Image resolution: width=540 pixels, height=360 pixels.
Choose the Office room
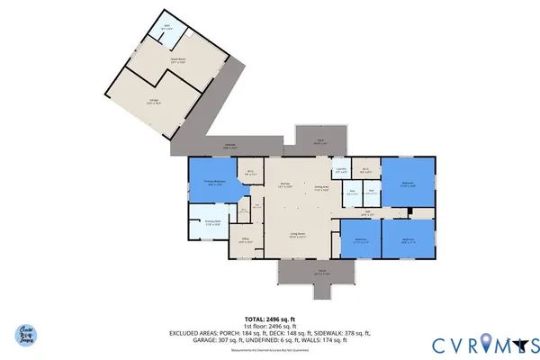[x=245, y=240]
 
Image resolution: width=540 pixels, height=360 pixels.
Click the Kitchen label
[x=284, y=184]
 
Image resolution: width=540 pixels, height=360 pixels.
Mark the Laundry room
[x=341, y=171]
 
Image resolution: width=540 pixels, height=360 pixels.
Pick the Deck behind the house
[x=319, y=140]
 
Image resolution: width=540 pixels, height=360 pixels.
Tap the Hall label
[x=366, y=213]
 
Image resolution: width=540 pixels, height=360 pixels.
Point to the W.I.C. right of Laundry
[x=366, y=170]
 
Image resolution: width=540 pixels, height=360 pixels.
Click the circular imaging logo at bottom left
[x=30, y=336]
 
